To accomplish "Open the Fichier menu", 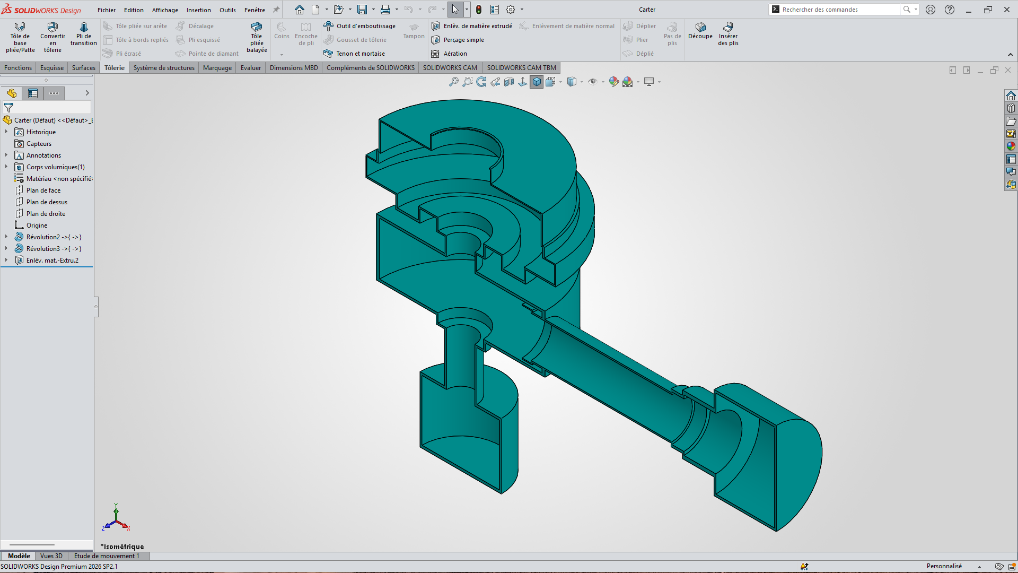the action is [107, 10].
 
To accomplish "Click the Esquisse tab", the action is [52, 68].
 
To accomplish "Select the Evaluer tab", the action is [251, 68].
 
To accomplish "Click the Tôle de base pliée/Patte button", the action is [20, 37].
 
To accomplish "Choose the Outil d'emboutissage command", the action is [360, 26].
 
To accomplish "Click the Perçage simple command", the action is [458, 40].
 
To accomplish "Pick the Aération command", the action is [449, 54].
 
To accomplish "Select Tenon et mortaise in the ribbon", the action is [354, 54].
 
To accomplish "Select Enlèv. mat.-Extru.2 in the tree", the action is [52, 261].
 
